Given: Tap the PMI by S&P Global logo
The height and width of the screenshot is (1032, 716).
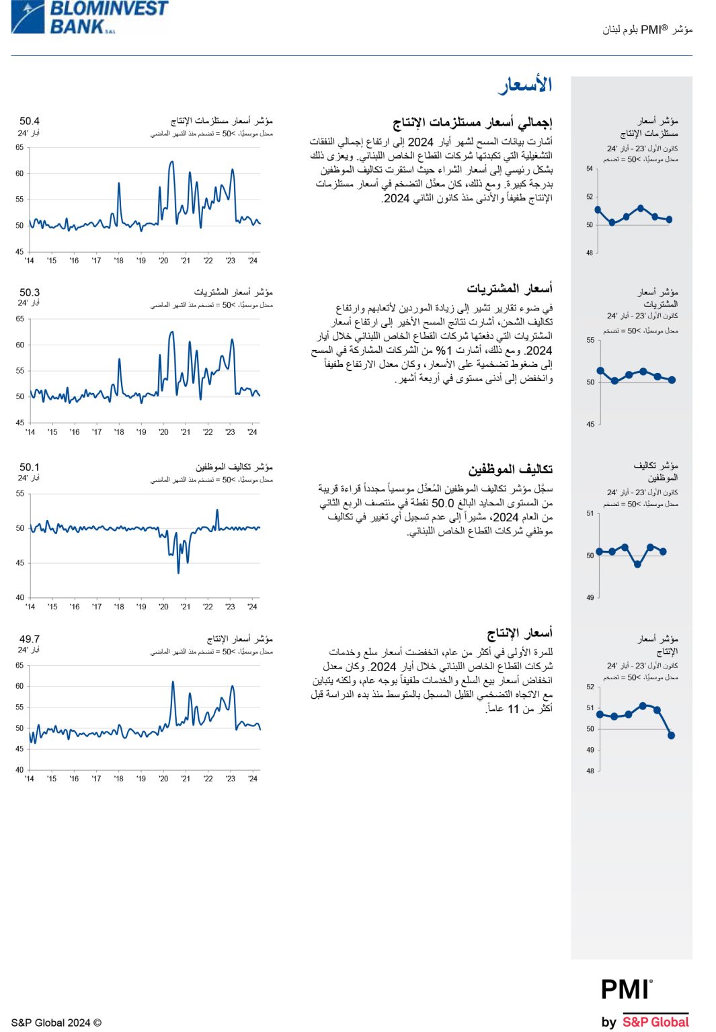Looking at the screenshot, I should (645, 1004).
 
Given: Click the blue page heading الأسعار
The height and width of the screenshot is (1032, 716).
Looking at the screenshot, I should (525, 85).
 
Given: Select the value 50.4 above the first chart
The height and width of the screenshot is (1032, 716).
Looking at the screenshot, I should (30, 121).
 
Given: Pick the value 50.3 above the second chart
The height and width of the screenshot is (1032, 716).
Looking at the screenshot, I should (30, 292).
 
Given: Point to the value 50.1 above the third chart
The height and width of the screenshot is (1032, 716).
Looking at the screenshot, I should (30, 467).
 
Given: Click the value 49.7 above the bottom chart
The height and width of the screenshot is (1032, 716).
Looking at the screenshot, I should (30, 639).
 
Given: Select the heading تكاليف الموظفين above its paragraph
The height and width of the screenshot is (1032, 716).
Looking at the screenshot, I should (510, 469).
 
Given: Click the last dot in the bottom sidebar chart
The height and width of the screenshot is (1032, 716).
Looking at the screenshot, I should (671, 735).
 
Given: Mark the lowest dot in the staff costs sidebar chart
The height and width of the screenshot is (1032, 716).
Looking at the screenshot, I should (637, 564).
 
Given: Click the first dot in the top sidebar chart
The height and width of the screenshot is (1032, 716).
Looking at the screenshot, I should (598, 210).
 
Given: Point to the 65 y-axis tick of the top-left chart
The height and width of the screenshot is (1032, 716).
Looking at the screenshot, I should (19, 147).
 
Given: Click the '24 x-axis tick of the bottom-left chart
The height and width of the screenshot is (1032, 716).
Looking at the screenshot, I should (252, 779).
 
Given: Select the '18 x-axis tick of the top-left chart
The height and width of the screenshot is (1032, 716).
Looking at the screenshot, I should (118, 261).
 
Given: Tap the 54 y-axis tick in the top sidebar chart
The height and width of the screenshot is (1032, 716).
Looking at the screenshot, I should (590, 169).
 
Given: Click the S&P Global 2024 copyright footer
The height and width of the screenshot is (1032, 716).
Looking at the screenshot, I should (56, 1023).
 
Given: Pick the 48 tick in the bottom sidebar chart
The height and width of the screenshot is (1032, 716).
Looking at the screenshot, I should (590, 771).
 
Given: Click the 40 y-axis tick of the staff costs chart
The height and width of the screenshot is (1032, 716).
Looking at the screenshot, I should (20, 597).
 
